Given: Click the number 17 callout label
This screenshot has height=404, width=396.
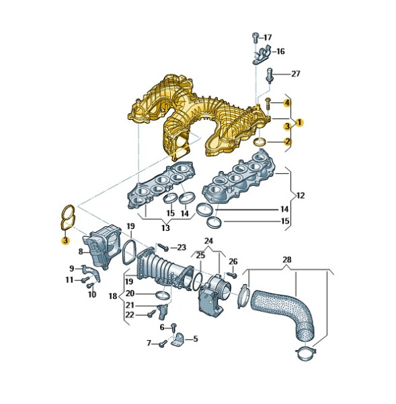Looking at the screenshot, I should (268, 37).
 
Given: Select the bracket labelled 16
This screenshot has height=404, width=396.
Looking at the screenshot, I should (261, 55).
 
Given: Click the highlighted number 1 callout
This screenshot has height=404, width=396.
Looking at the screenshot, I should (300, 123).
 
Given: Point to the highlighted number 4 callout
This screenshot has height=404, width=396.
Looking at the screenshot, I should (286, 103).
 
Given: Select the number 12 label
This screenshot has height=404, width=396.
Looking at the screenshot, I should (300, 195).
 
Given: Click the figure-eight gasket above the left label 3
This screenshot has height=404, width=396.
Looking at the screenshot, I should (66, 216).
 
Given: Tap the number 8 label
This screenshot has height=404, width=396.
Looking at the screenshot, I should (79, 252).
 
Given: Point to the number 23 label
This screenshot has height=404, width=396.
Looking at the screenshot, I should (182, 248).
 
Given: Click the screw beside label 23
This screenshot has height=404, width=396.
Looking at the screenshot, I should (162, 247).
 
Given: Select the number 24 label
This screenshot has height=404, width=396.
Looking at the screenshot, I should (208, 240).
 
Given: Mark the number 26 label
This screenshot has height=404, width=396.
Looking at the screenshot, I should (233, 261).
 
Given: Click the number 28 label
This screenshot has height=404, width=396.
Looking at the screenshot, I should (287, 259).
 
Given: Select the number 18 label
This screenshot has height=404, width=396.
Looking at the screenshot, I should (112, 296).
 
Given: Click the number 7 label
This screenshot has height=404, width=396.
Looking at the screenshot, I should (149, 343).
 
